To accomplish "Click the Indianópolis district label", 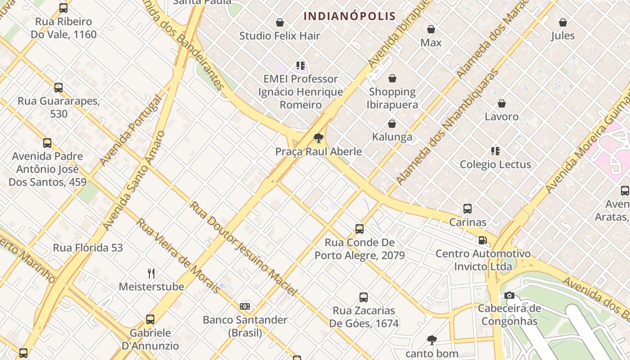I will tap(350, 17).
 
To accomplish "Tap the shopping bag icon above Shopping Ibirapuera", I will tap(392, 79).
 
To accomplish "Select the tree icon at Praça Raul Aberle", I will tap(319, 138).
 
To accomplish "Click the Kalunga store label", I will tap(392, 137).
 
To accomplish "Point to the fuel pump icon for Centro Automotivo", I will tap(482, 240).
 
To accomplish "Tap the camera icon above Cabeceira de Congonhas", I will tap(509, 296).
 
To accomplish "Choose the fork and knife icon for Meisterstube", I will tap(151, 273).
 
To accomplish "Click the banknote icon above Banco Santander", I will tap(245, 306).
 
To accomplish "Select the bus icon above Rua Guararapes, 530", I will tap(58, 88).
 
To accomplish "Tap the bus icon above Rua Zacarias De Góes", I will tap(364, 297).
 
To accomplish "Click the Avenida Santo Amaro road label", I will tap(134, 180).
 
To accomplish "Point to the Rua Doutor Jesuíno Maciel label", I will tap(243, 249).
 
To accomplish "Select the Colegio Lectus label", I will tap(495, 164).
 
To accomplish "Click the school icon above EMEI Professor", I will tap(301, 66).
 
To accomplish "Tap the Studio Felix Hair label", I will tap(279, 36).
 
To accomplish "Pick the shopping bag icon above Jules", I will tap(563, 22).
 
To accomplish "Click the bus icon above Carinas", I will tap(468, 209).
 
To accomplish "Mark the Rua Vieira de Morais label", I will tap(179, 256).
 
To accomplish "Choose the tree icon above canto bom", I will tap(432, 340).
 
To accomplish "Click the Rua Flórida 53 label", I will tap(88, 247).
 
